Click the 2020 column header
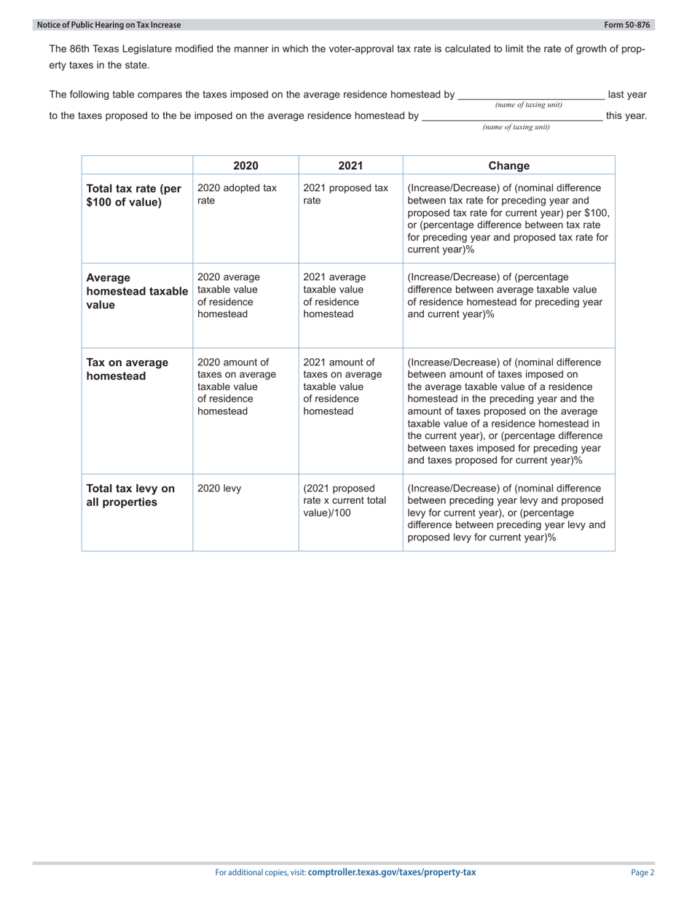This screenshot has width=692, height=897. pyautogui.click(x=245, y=166)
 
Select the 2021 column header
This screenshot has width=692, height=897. pyautogui.click(x=350, y=166)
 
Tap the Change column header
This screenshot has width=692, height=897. pyautogui.click(x=508, y=166)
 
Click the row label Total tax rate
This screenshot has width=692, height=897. pyautogui.click(x=133, y=195)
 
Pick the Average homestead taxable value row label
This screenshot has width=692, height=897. pyautogui.click(x=136, y=291)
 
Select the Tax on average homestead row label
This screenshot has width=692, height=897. pyautogui.click(x=127, y=369)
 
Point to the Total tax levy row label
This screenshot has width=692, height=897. pyautogui.click(x=130, y=495)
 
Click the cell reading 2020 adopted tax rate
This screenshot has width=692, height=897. pyautogui.click(x=237, y=194)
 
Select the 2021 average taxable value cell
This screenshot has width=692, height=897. pyautogui.click(x=334, y=295)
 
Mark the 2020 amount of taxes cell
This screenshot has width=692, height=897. pyautogui.click(x=237, y=387)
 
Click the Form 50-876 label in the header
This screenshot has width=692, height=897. pyautogui.click(x=626, y=25)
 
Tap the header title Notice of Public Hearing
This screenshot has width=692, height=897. pyautogui.click(x=109, y=25)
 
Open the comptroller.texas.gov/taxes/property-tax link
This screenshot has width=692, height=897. pyautogui.click(x=391, y=872)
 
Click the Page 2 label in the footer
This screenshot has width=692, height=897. pyautogui.click(x=642, y=872)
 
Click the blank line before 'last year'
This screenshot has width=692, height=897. pyautogui.click(x=530, y=95)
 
